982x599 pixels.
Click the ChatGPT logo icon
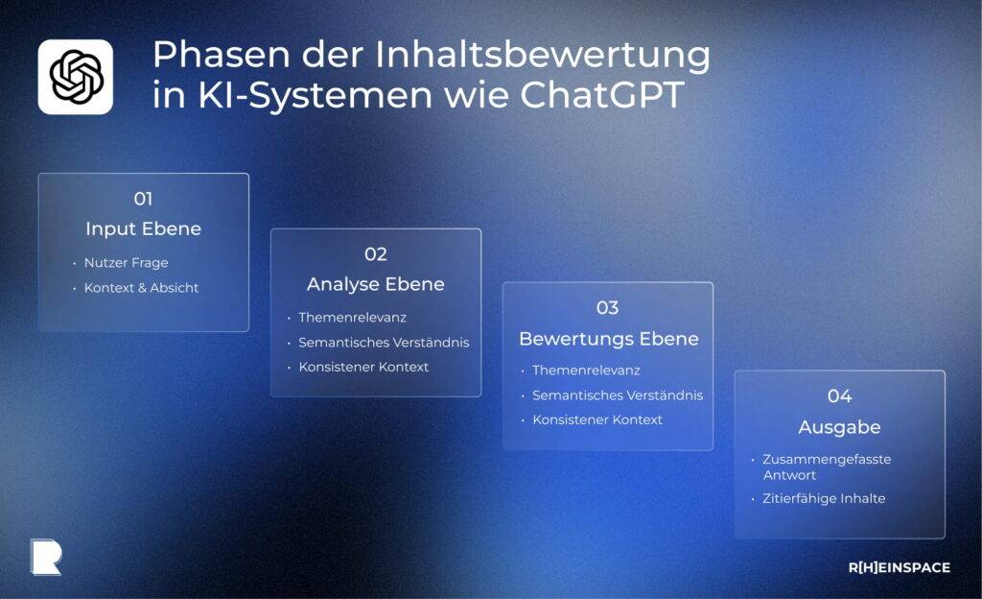tap(76, 77)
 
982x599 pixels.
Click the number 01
tap(143, 199)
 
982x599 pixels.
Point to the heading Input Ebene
tap(143, 229)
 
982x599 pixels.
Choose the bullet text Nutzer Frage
tap(126, 263)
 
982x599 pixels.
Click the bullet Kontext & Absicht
tap(141, 288)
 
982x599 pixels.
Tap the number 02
tap(375, 254)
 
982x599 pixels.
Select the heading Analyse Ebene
tap(375, 285)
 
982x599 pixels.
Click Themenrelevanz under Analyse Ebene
tap(352, 318)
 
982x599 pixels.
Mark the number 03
tap(607, 308)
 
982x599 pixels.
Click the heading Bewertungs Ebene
tap(608, 339)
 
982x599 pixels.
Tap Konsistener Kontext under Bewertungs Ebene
tap(597, 420)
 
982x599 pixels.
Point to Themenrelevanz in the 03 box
tap(586, 371)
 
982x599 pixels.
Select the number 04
tap(839, 395)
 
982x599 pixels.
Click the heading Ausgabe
tap(839, 427)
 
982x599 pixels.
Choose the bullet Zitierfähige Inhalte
tap(824, 499)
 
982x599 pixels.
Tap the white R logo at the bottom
tap(45, 557)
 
